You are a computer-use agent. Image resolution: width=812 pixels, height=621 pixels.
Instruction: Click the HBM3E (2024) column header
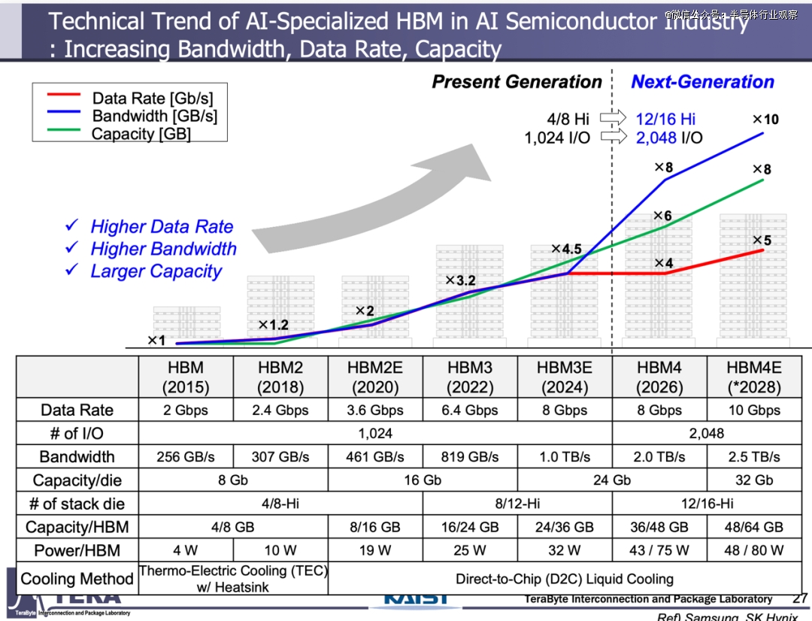click(565, 377)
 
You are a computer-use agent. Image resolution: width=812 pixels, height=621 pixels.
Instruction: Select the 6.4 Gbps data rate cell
click(470, 410)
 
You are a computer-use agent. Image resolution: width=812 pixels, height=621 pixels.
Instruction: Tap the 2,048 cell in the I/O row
click(706, 433)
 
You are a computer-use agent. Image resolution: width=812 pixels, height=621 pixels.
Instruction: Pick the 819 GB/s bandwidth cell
click(470, 457)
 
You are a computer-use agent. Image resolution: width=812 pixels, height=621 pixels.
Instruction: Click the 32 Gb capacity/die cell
click(753, 480)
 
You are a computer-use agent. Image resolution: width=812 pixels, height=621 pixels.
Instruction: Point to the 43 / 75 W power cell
click(659, 550)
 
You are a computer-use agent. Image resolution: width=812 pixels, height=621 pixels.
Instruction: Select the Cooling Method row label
click(77, 579)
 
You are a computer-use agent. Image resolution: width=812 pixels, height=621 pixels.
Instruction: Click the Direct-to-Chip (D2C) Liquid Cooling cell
click(564, 579)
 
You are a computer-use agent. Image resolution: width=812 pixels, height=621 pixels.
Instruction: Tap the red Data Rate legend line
click(63, 95)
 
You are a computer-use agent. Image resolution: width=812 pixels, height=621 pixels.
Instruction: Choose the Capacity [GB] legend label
click(141, 135)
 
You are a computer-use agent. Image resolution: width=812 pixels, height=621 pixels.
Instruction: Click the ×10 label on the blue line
click(765, 120)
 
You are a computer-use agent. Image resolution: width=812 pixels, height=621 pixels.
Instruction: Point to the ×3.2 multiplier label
click(460, 281)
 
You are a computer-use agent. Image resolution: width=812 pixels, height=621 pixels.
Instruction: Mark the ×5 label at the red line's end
click(762, 241)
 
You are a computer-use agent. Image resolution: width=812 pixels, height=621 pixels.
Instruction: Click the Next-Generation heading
click(702, 83)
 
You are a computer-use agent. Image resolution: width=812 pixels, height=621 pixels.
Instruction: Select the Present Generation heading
click(517, 83)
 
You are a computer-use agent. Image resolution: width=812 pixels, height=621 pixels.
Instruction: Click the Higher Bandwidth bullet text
click(163, 249)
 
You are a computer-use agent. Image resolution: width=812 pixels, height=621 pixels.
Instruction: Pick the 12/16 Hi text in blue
click(665, 119)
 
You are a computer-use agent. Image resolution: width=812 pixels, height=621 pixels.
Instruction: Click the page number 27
click(799, 598)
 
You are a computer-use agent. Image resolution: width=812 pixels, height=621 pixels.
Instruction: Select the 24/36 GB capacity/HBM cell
click(565, 527)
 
